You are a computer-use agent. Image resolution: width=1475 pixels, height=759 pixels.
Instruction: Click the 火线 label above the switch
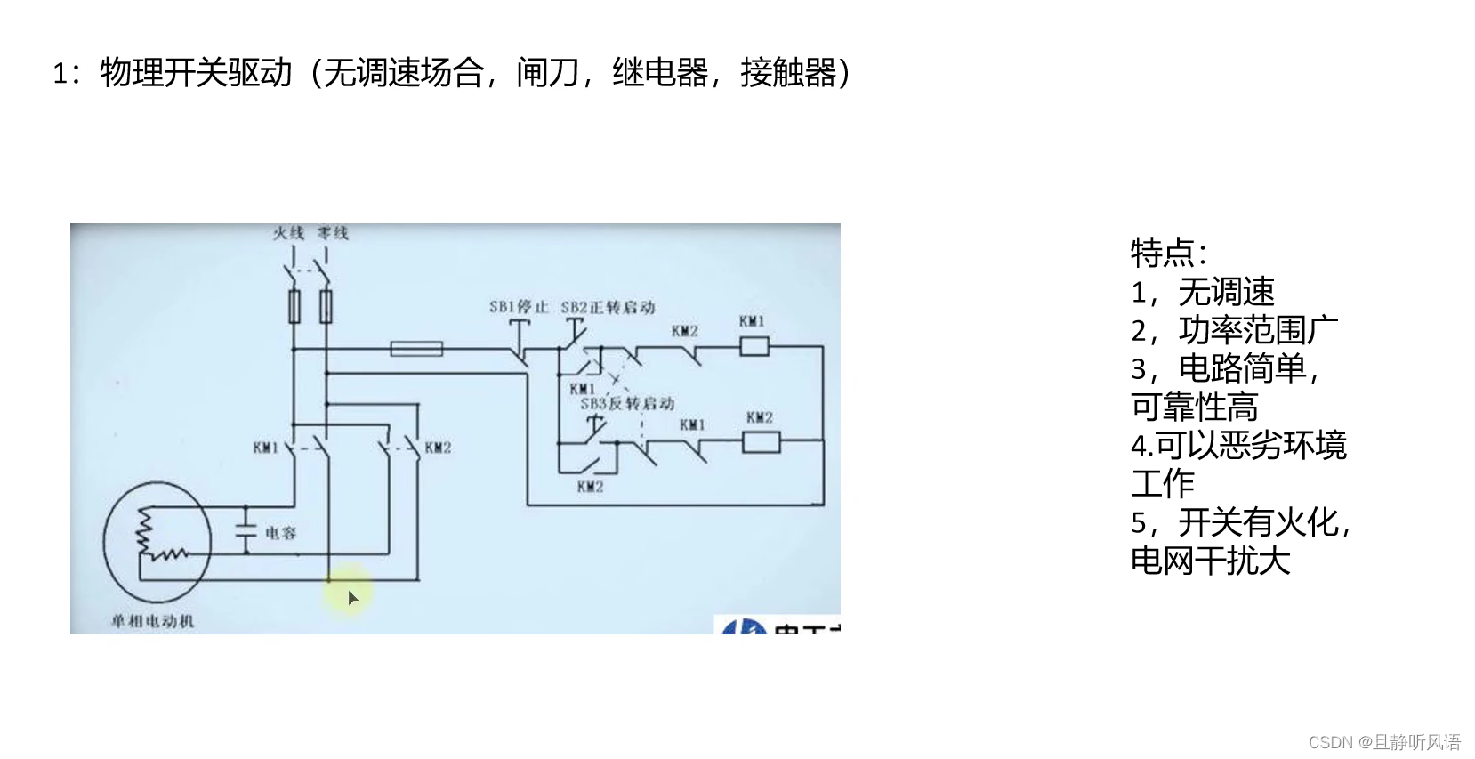coord(288,233)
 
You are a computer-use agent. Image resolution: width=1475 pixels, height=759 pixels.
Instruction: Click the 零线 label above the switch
coord(333,233)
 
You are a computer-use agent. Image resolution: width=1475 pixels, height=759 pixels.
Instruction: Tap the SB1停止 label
coord(519,307)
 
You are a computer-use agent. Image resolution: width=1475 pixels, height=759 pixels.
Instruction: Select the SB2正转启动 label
coord(608,307)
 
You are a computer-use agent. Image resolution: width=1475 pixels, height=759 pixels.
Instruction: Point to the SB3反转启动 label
coord(627,404)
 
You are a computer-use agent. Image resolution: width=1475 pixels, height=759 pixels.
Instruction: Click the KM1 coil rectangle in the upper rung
coord(754,346)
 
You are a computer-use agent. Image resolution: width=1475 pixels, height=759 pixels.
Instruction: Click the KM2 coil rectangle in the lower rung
coord(761,441)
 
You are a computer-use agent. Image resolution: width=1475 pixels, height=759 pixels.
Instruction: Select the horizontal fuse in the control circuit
coord(416,348)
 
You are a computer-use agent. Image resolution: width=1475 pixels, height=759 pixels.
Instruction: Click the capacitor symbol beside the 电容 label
coord(246,531)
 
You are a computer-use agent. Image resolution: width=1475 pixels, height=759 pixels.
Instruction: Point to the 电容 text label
coord(281,533)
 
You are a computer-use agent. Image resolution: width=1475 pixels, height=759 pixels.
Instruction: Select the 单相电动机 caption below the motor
coord(152,621)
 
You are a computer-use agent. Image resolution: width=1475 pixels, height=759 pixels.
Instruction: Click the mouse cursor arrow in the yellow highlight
coord(352,598)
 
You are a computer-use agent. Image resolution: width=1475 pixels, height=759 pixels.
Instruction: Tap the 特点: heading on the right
coord(1168,254)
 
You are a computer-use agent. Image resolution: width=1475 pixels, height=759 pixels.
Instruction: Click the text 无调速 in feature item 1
coord(1227,292)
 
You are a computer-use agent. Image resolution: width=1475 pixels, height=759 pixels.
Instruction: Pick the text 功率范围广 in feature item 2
coord(1258,330)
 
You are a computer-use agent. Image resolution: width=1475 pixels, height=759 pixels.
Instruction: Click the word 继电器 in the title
coord(660,72)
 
